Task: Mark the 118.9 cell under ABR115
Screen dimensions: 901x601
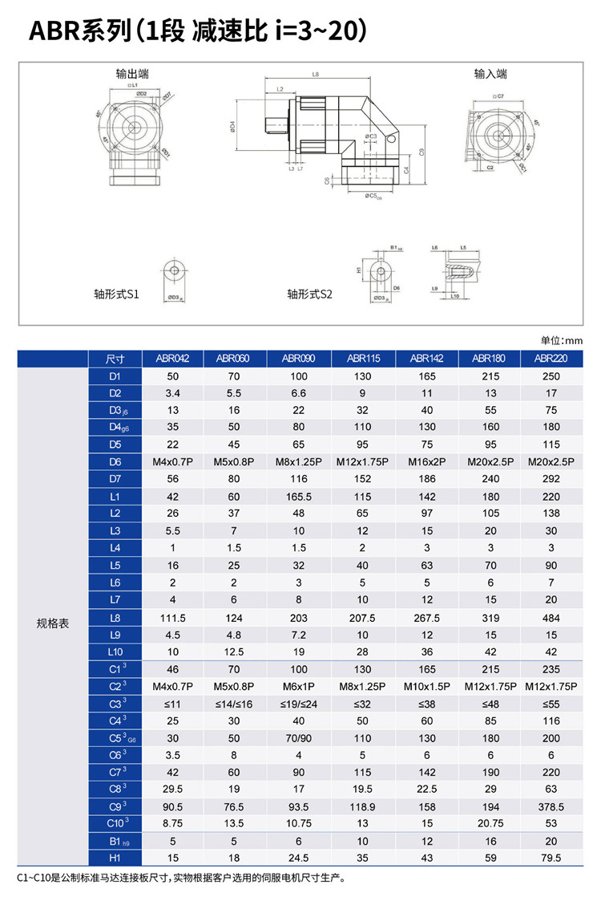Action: pos(362,806)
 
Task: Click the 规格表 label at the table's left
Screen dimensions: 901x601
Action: pos(53,623)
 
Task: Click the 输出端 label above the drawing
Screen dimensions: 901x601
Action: pos(132,74)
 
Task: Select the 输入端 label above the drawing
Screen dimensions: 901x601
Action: pos(490,74)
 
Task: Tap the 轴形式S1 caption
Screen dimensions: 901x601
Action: pos(116,294)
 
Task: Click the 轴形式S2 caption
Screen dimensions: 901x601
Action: pos(309,294)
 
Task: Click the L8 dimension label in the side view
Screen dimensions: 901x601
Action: pos(315,75)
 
